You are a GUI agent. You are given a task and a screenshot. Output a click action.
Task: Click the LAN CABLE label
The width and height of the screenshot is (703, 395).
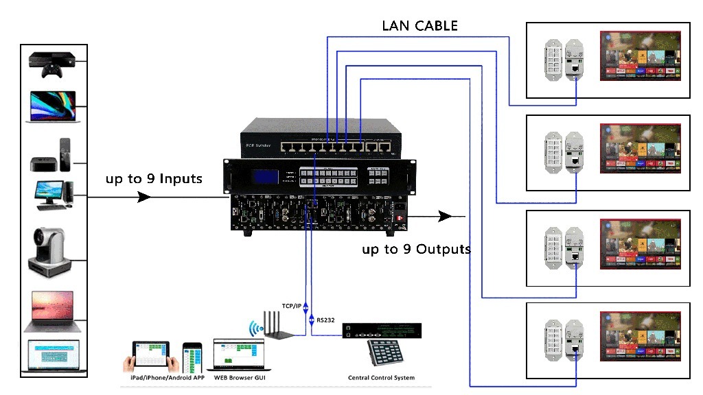point(420,27)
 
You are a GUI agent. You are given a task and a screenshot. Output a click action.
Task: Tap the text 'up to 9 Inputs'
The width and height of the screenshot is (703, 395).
point(154,180)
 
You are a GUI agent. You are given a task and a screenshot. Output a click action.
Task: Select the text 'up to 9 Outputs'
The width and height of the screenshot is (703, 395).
point(416,249)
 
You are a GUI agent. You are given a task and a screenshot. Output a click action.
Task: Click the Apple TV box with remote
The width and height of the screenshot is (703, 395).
point(53,156)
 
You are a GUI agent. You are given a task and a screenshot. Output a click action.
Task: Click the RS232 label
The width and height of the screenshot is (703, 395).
point(326,320)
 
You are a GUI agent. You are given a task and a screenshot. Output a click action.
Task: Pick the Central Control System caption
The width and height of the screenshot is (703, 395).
point(381,378)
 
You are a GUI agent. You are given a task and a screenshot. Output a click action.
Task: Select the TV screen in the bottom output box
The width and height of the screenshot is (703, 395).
point(640,337)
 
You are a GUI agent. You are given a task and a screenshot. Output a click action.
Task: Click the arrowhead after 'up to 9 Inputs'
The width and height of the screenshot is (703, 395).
point(145,197)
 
